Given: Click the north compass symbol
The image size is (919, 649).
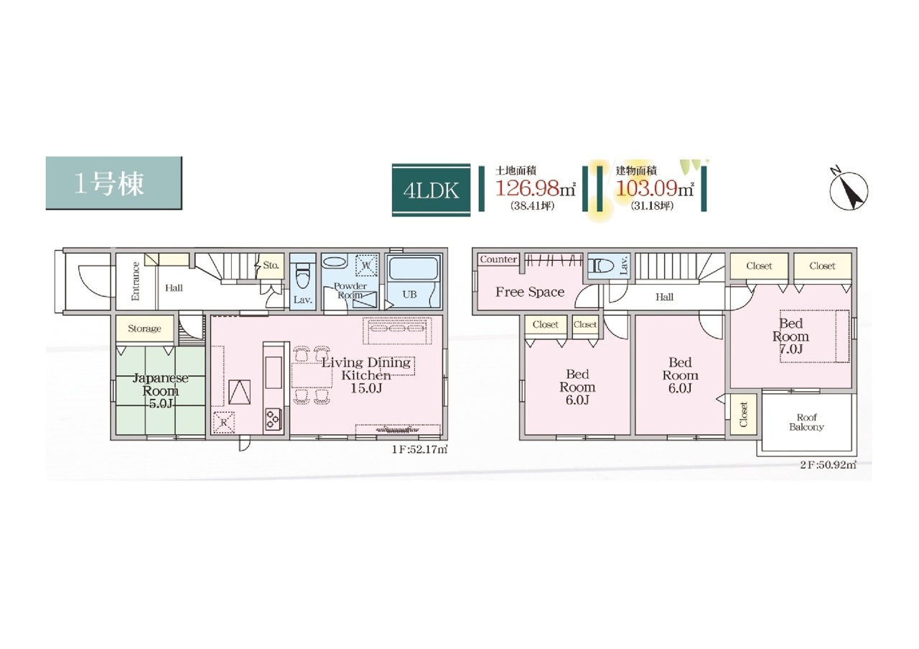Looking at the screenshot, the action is click(849, 190).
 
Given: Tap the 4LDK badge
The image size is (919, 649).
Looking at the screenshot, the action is click(431, 190).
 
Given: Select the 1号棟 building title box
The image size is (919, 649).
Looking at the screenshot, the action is click(113, 183).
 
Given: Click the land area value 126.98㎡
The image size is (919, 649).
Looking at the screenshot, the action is click(536, 188).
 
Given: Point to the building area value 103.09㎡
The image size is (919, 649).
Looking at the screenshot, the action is click(655, 188).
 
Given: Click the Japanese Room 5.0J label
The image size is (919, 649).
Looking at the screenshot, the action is click(160, 391).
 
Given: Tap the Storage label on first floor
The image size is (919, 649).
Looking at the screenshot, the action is click(144, 328).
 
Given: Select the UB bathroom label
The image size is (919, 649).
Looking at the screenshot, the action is click(409, 294).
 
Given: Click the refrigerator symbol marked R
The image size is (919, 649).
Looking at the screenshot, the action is click(223, 423).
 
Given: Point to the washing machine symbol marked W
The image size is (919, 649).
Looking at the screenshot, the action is click(366, 265).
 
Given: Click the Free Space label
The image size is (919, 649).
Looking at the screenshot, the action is click(530, 292).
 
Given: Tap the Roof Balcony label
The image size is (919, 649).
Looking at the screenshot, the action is click(806, 422).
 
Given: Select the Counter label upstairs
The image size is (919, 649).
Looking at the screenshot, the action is click(498, 259).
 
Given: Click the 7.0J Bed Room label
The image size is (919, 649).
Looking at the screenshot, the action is click(790, 336).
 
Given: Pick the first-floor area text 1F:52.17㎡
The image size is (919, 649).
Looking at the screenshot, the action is click(419, 449).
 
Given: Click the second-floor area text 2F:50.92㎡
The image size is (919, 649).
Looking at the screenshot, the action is click(828, 465).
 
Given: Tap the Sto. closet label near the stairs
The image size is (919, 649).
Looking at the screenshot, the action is click(271, 265).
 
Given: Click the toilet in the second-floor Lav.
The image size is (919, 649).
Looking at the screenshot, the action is click(601, 266).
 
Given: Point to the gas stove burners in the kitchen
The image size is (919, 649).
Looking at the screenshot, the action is click(274, 419).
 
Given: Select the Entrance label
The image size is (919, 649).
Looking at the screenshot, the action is click(136, 281).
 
